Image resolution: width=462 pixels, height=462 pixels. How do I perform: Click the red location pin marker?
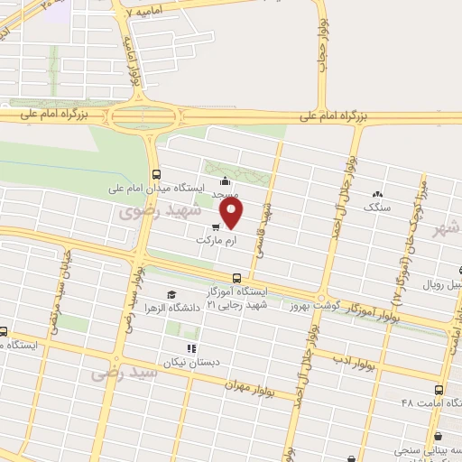tap(232, 215)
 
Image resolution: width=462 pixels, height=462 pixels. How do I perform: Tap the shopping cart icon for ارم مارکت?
tap(216, 227)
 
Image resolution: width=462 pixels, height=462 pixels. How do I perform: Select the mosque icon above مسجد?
tap(225, 181)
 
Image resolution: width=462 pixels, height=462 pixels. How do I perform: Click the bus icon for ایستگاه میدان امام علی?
tap(156, 174)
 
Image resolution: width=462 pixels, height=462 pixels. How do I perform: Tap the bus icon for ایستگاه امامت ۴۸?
tap(439, 390)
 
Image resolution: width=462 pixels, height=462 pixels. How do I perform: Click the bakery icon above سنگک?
tap(377, 193)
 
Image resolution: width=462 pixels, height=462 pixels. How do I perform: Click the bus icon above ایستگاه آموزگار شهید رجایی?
tap(236, 277)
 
